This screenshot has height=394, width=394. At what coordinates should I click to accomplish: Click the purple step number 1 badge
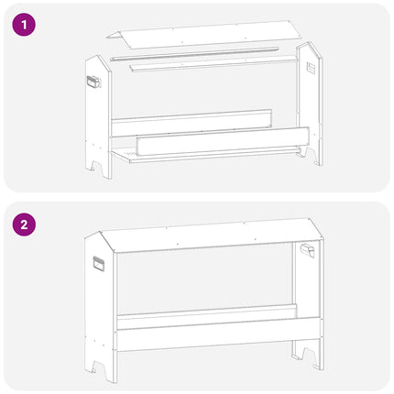click(24, 25)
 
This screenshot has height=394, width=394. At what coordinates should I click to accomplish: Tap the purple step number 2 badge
click(24, 224)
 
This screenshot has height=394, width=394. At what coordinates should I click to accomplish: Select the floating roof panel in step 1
click(204, 35)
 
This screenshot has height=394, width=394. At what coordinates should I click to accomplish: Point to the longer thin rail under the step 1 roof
click(194, 53)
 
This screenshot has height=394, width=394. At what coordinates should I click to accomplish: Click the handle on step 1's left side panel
click(93, 82)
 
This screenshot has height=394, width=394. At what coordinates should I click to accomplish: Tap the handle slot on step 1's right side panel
click(311, 68)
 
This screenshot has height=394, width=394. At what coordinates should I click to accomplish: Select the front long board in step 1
click(223, 141)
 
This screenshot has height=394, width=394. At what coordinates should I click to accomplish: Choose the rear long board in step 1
click(192, 123)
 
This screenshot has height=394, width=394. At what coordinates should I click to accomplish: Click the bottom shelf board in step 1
click(204, 155)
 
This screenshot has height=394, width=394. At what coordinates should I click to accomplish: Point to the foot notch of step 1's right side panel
click(303, 152)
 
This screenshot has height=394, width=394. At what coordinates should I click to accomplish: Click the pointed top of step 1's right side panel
click(309, 42)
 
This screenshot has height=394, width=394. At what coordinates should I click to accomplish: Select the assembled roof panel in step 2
click(212, 235)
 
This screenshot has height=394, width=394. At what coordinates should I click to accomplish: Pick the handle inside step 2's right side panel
click(308, 251)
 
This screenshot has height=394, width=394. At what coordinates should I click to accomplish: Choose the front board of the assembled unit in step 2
click(218, 334)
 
